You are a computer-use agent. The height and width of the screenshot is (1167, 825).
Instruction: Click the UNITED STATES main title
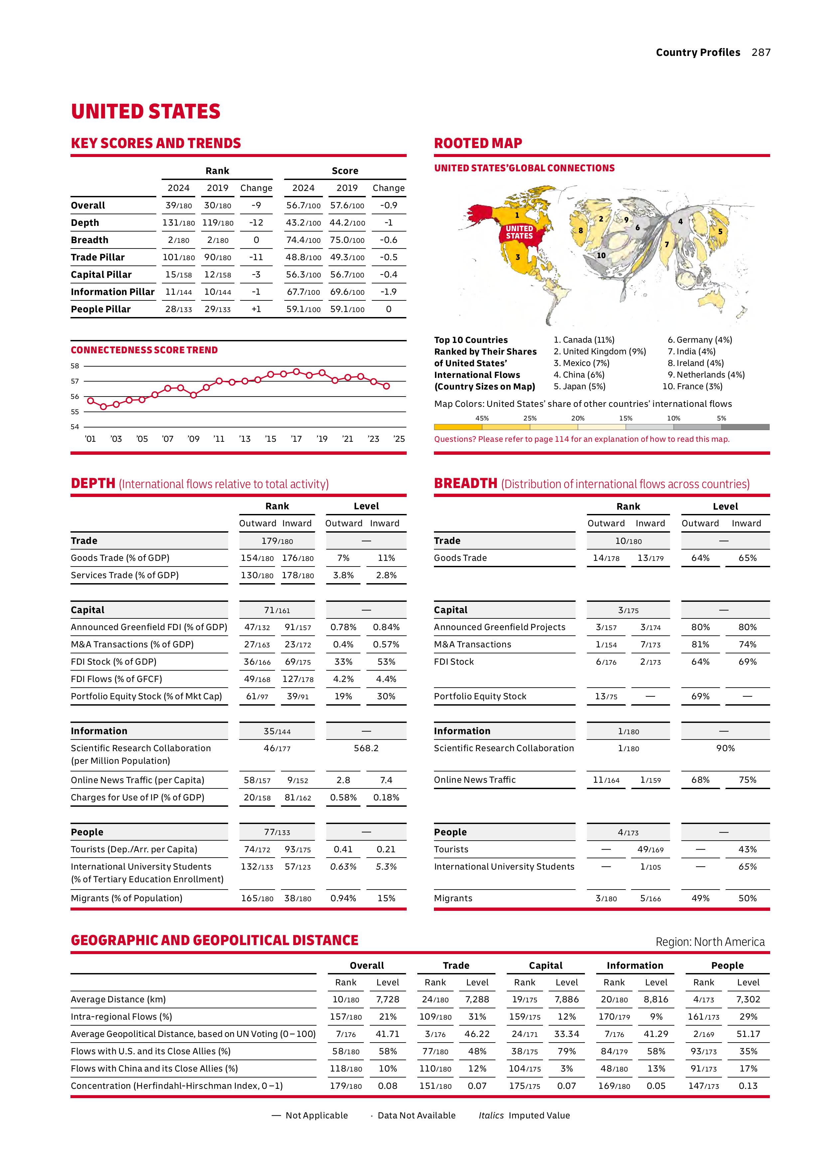click(x=146, y=112)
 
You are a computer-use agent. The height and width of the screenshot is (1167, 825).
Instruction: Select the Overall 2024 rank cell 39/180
click(x=178, y=205)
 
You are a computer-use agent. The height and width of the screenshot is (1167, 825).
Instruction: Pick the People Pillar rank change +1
click(x=256, y=309)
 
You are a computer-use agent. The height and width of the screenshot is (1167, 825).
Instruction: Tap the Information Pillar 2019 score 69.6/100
click(x=347, y=292)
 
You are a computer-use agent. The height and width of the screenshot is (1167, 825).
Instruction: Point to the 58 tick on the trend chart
click(x=75, y=366)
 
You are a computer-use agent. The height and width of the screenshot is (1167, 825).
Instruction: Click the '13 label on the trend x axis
click(x=245, y=439)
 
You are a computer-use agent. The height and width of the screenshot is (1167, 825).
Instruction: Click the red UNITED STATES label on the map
click(x=519, y=232)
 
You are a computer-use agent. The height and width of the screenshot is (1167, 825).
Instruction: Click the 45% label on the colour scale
click(x=481, y=418)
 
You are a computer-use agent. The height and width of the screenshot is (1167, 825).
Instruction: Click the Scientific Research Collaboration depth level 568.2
click(x=366, y=748)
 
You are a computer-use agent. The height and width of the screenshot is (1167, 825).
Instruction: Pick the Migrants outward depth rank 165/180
click(x=256, y=898)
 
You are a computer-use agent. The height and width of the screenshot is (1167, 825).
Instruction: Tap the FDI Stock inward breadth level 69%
click(x=747, y=662)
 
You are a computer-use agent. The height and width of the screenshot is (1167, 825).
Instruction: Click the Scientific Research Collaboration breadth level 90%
click(x=725, y=748)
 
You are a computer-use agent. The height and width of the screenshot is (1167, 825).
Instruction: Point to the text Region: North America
click(x=710, y=942)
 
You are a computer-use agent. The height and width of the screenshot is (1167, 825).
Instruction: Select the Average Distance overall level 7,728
click(x=388, y=999)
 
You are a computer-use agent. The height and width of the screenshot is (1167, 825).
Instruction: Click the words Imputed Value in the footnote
click(x=539, y=1115)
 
